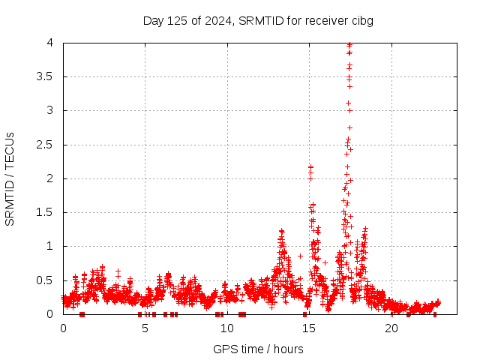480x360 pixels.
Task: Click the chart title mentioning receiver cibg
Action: click(x=258, y=21)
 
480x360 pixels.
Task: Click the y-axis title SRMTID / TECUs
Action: click(x=10, y=178)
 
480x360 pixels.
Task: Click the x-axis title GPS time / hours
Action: click(x=258, y=349)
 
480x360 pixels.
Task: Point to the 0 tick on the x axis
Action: click(x=63, y=328)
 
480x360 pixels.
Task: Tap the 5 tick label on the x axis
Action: click(x=145, y=328)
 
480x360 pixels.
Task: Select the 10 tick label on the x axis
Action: click(x=226, y=328)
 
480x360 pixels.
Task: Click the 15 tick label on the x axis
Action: click(x=309, y=328)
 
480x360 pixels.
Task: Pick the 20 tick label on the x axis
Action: click(x=391, y=328)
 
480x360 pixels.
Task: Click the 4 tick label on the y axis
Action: click(x=50, y=43)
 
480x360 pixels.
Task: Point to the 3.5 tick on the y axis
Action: click(x=46, y=76)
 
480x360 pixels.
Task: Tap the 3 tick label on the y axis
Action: click(x=50, y=110)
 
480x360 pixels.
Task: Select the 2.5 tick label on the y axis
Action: click(x=46, y=145)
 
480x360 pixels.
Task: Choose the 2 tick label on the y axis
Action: click(x=50, y=178)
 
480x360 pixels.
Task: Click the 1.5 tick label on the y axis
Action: click(x=46, y=212)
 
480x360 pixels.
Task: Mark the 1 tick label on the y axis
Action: click(x=50, y=246)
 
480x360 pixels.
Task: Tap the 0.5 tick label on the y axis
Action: click(x=46, y=280)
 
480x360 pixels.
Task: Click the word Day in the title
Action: click(x=153, y=21)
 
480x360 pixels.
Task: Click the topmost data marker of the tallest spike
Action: click(x=349, y=45)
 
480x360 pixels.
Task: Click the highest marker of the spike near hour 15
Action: click(x=310, y=166)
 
